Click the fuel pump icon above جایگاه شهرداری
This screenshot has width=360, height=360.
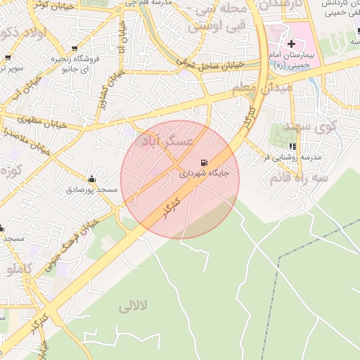205,162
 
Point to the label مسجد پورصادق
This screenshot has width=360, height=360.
89,190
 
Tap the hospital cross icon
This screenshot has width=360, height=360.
292,44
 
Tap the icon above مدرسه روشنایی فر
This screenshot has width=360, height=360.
292,147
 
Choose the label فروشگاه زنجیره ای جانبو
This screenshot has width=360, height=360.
71,64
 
